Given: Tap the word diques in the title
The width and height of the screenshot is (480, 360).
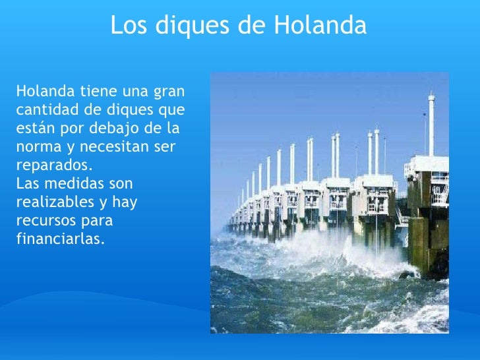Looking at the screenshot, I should (x=190, y=26).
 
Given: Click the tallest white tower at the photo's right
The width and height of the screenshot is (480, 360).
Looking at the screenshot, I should (x=431, y=125).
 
